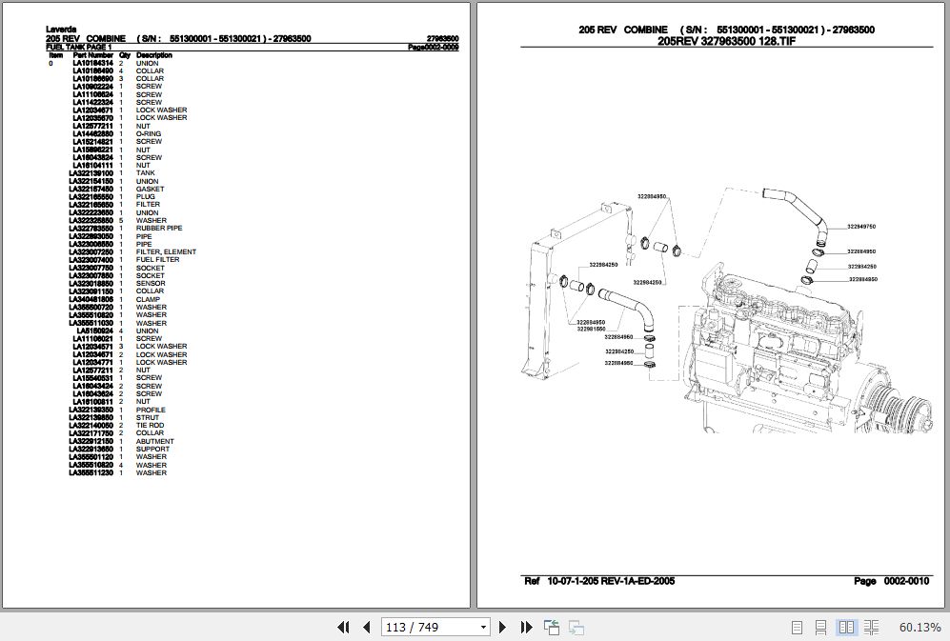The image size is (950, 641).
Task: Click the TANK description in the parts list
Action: [x=145, y=173]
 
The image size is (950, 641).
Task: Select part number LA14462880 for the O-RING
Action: [x=92, y=134]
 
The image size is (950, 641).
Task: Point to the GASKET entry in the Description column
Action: [x=150, y=190]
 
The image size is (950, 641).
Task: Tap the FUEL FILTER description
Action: [x=157, y=260]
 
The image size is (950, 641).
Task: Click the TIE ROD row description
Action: [x=150, y=426]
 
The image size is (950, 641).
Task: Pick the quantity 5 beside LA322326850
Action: [x=121, y=221]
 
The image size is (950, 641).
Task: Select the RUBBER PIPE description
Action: [x=158, y=229]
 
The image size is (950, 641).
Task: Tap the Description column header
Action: [x=153, y=56]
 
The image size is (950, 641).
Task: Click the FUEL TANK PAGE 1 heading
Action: [x=79, y=47]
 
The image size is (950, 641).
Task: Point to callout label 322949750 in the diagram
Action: [x=860, y=227]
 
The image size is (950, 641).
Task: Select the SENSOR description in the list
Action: [x=150, y=284]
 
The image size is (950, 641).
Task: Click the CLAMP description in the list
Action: [x=148, y=299]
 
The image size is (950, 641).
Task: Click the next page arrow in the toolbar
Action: [x=504, y=627]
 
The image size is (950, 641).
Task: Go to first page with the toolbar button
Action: [x=345, y=627]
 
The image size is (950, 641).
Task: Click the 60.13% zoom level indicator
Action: [x=919, y=627]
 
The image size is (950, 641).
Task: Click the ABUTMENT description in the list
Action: [x=154, y=442]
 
